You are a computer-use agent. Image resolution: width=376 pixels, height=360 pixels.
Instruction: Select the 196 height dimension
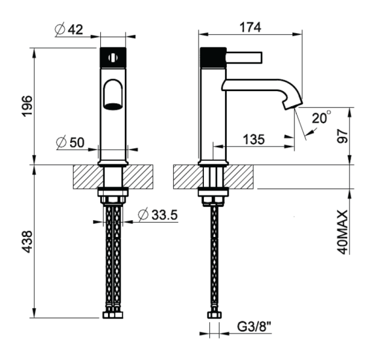pyautogui.click(x=27, y=106)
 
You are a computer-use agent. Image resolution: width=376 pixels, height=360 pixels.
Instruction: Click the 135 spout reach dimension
pyautogui.click(x=254, y=140)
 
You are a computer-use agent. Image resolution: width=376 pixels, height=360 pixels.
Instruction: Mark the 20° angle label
pyautogui.click(x=321, y=118)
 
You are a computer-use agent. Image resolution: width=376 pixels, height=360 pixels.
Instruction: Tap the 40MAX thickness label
pyautogui.click(x=342, y=232)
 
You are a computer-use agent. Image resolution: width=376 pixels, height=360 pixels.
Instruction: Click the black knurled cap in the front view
pyautogui.click(x=113, y=57)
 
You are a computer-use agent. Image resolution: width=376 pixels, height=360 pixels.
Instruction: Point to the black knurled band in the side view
pyautogui.click(x=212, y=57)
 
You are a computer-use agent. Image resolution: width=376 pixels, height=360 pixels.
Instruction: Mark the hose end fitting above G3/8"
pyautogui.click(x=213, y=314)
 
